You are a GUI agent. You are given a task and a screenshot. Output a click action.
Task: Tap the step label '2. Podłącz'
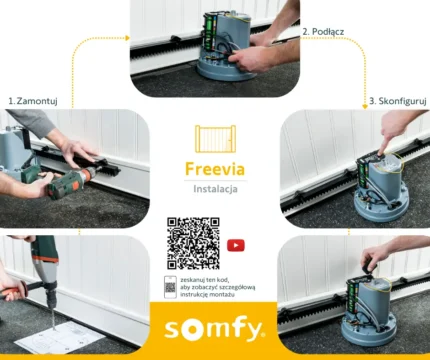point(324,31)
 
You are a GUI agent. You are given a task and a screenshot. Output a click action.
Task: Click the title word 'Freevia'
point(215,169)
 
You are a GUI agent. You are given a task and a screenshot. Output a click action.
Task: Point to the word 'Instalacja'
point(215,188)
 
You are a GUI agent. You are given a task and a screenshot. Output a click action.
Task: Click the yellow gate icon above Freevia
point(215,140)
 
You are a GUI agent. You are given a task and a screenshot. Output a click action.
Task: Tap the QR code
point(191,243)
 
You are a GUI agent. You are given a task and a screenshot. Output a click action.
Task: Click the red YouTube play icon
point(236,244)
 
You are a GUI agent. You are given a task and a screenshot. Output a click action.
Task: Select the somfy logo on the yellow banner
point(215,327)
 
